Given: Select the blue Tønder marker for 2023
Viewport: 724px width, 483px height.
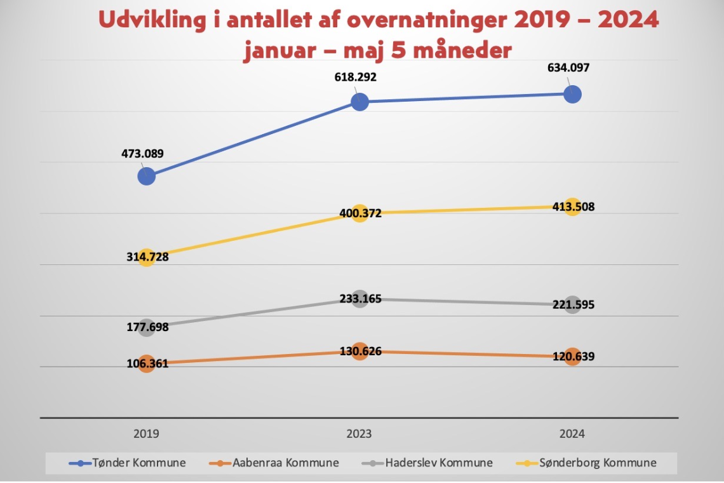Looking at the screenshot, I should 359,102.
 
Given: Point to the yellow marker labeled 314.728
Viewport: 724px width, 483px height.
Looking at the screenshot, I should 146,257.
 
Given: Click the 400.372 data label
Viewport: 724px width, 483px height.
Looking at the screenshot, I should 359,214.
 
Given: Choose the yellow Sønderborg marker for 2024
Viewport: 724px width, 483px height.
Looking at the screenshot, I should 572,207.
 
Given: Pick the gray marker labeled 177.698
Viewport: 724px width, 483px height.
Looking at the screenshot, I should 146,327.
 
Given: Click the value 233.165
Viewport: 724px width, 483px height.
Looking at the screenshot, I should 359,298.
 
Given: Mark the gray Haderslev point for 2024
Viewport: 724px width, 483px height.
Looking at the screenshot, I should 572,304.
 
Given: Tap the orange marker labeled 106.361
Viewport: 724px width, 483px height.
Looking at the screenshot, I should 146,364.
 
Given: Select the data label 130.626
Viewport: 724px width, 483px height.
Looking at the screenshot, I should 359,351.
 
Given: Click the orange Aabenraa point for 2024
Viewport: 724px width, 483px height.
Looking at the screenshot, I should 572,357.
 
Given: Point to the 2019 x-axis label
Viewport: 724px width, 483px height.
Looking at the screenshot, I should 146,435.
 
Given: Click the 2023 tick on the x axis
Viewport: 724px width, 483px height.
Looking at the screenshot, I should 359,435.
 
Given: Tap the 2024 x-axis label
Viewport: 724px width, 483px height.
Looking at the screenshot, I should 572,435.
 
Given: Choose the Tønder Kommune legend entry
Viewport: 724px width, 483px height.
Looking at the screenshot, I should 128,463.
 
